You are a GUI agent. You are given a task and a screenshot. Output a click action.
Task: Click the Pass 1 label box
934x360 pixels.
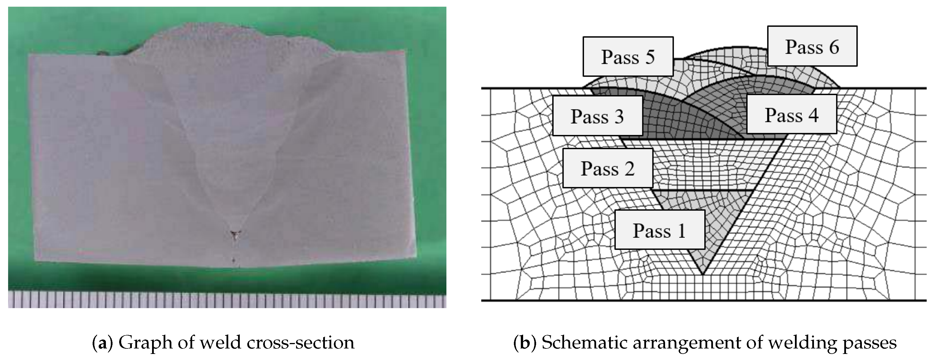click(660, 230)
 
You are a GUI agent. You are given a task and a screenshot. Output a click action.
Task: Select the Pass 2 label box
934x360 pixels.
click(608, 168)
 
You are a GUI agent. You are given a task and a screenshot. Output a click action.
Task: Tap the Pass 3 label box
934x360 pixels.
click(597, 116)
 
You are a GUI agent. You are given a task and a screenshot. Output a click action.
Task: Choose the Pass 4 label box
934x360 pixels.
click(791, 115)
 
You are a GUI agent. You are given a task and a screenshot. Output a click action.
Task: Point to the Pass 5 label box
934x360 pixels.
click(628, 57)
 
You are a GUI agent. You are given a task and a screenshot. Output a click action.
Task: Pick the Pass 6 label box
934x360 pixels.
click(812, 46)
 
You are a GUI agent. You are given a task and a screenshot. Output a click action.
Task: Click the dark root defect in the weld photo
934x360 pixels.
click(235, 236)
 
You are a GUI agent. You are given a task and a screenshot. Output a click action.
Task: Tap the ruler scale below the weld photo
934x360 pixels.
click(227, 300)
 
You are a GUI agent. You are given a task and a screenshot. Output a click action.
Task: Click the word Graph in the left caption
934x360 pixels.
click(145, 343)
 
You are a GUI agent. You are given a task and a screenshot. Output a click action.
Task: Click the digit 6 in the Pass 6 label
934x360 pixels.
click(834, 47)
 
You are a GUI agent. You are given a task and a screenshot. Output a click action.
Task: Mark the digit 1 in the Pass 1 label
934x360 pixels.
click(682, 230)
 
